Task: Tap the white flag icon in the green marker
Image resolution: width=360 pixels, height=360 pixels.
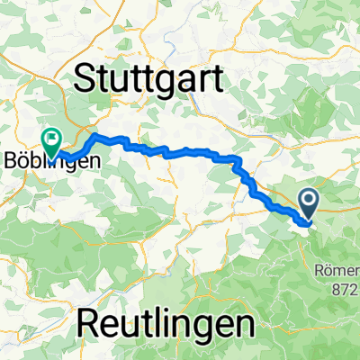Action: coord(50,139)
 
